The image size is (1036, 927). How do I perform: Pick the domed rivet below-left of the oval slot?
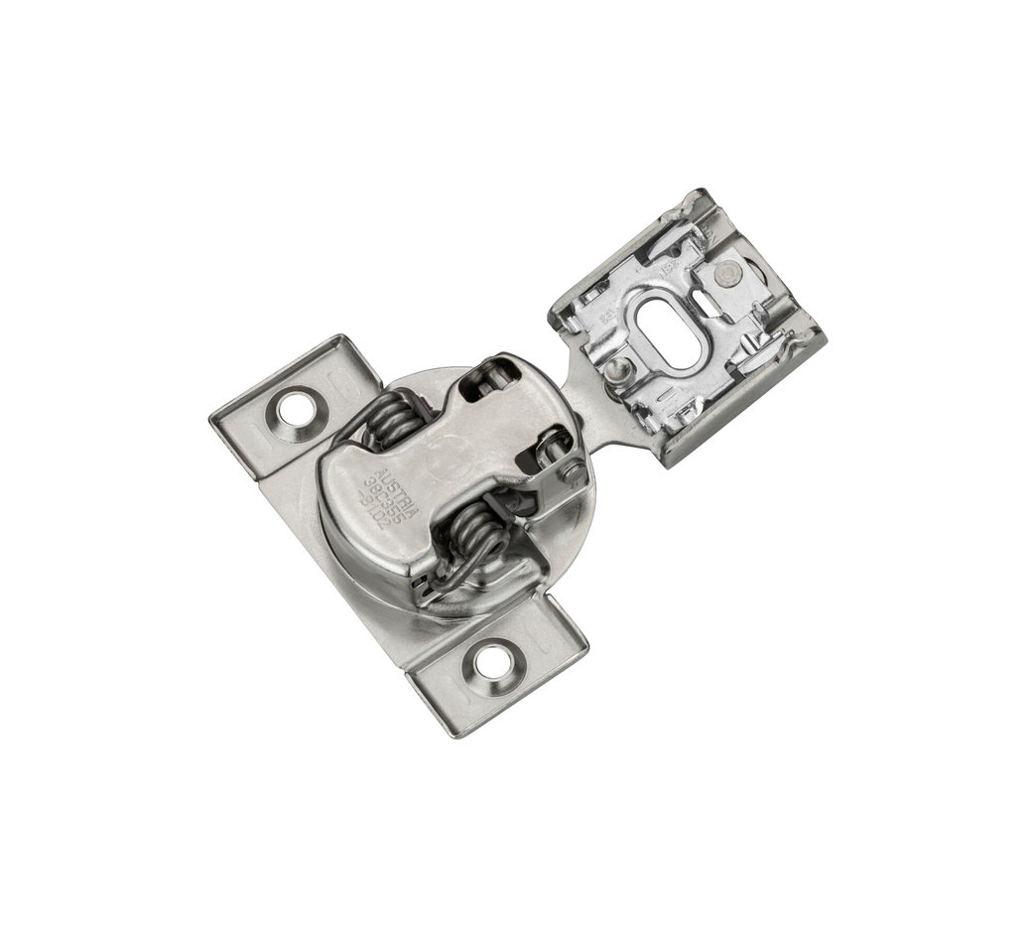pos(617,369)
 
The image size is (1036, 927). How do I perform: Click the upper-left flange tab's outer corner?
pos(216,415)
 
